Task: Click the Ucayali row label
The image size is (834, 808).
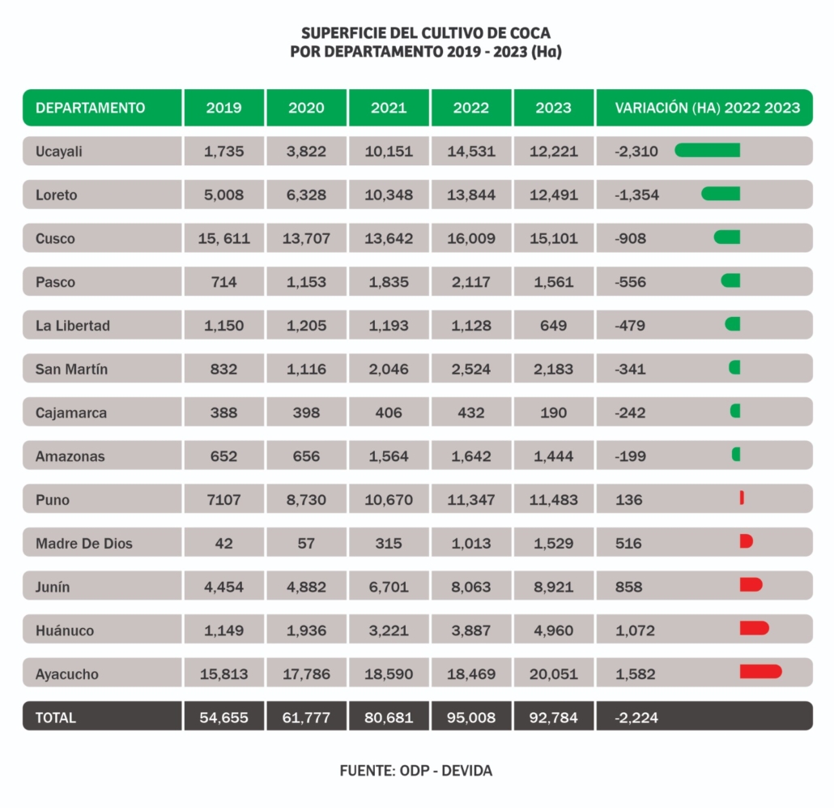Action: pos(58,152)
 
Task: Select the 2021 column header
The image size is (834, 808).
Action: pos(389,108)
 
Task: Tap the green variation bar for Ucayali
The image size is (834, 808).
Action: pos(708,151)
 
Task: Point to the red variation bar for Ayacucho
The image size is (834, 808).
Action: pos(760,672)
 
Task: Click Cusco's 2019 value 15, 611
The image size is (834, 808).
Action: pos(224,238)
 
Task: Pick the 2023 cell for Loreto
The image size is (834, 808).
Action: pos(554,195)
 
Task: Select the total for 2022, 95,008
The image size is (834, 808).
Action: pos(471,717)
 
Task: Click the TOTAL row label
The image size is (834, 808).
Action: pos(56,718)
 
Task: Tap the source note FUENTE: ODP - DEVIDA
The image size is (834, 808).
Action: pos(416,771)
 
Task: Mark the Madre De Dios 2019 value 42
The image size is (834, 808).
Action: pos(224,544)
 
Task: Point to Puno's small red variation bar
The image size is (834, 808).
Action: pos(742,498)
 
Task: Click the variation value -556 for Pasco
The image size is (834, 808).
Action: pos(630,282)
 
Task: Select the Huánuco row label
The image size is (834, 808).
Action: pos(65,631)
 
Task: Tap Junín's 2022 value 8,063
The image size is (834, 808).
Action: pos(471,587)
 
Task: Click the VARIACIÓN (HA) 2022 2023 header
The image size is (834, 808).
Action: pos(708,108)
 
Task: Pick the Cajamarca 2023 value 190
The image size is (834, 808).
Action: pos(554,413)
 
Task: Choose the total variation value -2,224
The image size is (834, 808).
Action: pos(636,718)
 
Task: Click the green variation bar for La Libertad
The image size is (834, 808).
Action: pos(733,323)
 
